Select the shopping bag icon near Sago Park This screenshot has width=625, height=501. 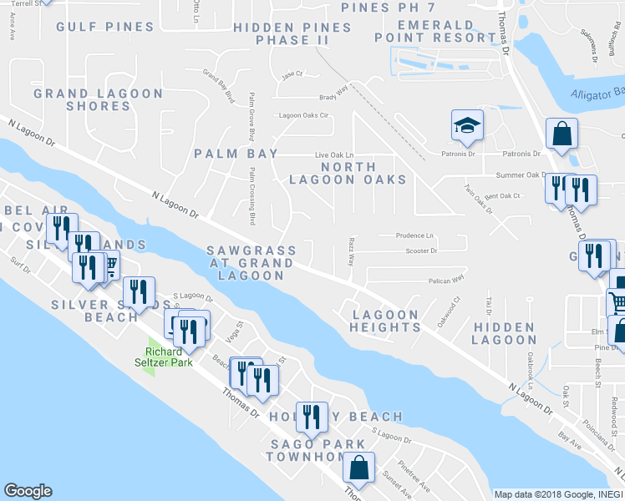pyautogui.click(x=359, y=469)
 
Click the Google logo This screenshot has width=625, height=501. pyautogui.click(x=28, y=491)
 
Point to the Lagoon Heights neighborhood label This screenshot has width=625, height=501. pyautogui.click(x=385, y=321)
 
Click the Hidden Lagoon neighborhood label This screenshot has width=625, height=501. pyautogui.click(x=503, y=333)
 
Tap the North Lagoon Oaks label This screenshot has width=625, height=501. pyautogui.click(x=348, y=173)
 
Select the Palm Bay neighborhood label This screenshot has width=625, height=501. pyautogui.click(x=228, y=154)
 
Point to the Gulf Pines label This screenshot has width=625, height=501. pyautogui.click(x=105, y=27)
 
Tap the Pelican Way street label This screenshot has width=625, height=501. pyautogui.click(x=447, y=281)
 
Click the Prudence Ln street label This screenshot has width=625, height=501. pyautogui.click(x=415, y=235)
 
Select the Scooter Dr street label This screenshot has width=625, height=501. pyautogui.click(x=421, y=250)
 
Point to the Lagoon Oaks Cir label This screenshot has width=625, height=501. pyautogui.click(x=305, y=115)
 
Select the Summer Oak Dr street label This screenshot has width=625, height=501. pyautogui.click(x=521, y=175)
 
